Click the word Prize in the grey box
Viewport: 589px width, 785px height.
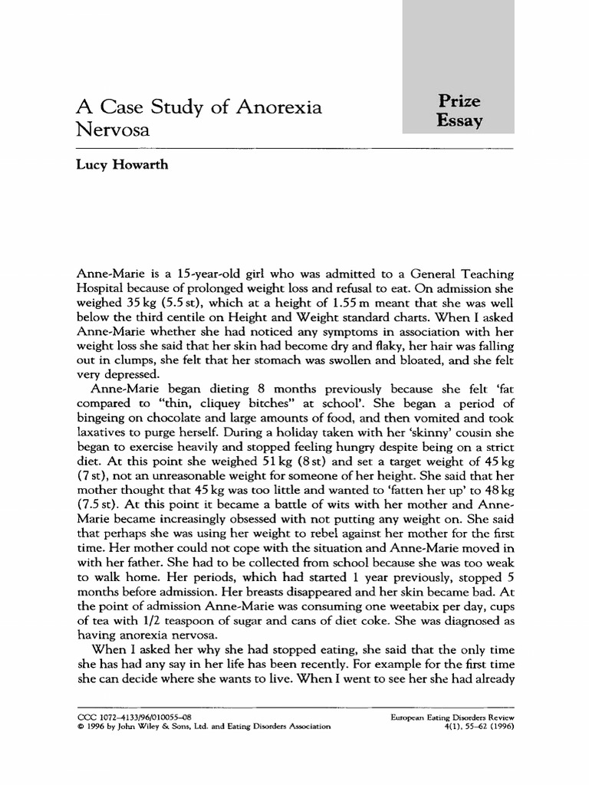(x=459, y=101)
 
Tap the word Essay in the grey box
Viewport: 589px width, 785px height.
(x=459, y=121)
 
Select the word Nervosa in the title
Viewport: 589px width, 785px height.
(x=113, y=131)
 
